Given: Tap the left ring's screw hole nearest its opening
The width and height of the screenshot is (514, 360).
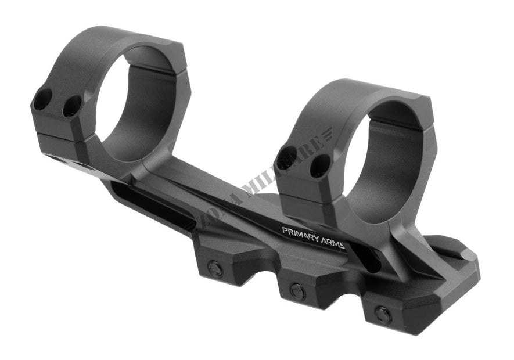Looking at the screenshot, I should (x=72, y=106).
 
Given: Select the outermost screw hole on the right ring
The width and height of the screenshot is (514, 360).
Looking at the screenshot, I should (x=287, y=157).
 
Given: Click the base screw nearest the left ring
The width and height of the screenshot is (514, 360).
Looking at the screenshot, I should (x=215, y=268).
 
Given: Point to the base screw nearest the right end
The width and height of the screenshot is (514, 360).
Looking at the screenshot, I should (x=382, y=315).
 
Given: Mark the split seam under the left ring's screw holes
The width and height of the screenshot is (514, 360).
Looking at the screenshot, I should (x=58, y=136).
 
